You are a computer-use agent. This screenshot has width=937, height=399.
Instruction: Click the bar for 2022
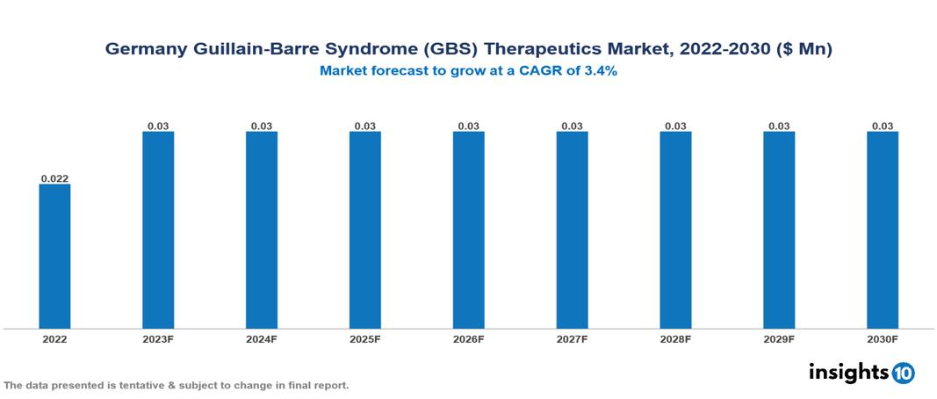[x=54, y=256]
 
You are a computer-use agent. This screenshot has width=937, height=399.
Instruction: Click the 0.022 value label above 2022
[x=54, y=178]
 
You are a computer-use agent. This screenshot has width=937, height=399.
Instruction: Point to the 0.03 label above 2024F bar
[x=262, y=126]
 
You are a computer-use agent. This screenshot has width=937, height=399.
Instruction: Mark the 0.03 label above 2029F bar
[x=779, y=126]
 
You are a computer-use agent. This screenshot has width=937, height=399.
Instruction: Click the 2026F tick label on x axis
[x=469, y=338]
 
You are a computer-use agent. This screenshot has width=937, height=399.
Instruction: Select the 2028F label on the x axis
[x=675, y=338]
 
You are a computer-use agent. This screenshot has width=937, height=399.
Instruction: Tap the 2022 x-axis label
[x=54, y=338]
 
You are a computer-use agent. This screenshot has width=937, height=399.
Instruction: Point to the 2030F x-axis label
[x=883, y=338]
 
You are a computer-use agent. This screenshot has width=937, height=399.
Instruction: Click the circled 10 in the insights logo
[x=904, y=373]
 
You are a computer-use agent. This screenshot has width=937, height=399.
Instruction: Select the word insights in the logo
[x=848, y=372]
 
